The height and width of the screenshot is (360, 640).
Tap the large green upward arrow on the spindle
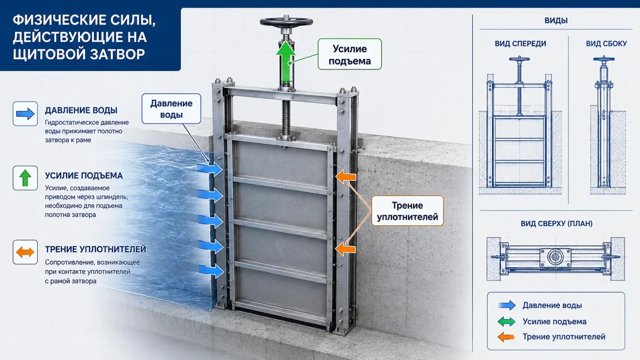pos(286,63)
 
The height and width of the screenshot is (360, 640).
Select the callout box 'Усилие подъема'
pos(350,54)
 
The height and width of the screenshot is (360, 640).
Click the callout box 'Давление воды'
pos(171,109)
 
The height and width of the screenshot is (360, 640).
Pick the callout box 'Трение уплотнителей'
pos(407,211)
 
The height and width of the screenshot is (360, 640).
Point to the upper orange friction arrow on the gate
pos(346,177)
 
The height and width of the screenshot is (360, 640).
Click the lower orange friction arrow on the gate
pos(346,249)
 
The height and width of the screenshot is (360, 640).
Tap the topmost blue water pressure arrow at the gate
pos(210,169)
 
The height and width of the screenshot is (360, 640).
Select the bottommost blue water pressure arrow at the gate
pos(211,271)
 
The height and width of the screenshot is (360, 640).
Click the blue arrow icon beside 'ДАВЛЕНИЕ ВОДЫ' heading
pos(25,114)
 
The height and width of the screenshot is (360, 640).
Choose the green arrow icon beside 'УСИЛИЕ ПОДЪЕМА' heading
pos(25,178)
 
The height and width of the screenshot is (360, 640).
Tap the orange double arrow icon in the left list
pos(25,252)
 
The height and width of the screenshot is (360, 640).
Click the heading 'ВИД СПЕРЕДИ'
pos(520,44)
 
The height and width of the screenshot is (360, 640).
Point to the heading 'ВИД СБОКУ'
pos(606,44)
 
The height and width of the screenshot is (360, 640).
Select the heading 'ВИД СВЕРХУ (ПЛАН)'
pos(556,223)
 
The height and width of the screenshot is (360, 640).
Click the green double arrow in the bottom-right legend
pos(507,322)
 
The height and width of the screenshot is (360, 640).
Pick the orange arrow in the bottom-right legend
pos(506,337)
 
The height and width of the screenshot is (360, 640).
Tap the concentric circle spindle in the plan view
pos(555,257)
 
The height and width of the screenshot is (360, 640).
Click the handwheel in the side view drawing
pos(604,59)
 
